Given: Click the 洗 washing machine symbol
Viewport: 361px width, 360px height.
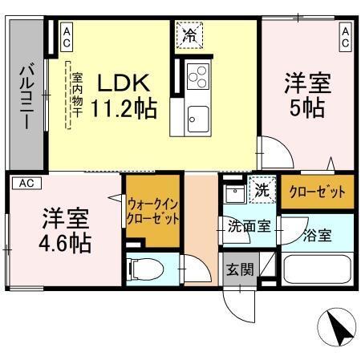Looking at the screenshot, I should click(x=261, y=192).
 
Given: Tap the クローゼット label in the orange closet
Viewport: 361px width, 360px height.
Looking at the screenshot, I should click(x=315, y=192).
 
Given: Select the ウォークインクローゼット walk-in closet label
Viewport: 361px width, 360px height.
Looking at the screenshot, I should click(x=152, y=211).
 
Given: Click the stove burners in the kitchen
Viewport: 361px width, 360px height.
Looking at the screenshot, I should click(x=197, y=78).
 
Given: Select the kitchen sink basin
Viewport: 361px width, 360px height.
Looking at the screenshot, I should click(x=197, y=122).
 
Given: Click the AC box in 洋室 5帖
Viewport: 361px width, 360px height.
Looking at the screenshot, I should click(x=345, y=36).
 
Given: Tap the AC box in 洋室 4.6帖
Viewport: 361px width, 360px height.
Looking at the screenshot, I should click(x=26, y=183).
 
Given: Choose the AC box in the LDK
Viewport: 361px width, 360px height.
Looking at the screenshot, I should click(x=66, y=36).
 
